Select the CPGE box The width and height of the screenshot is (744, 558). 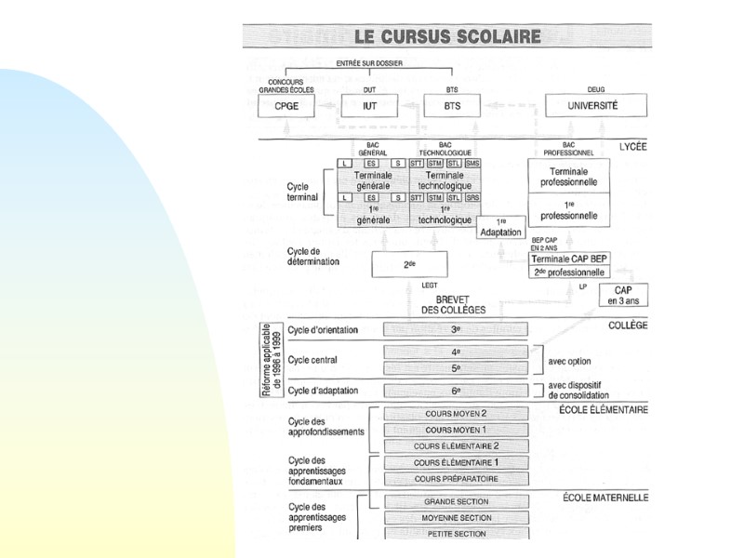click(x=286, y=107)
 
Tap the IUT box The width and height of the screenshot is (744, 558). click(x=370, y=107)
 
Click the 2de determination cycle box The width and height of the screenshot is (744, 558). click(x=409, y=264)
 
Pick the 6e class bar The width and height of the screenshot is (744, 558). click(x=456, y=392)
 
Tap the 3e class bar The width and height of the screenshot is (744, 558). click(x=456, y=328)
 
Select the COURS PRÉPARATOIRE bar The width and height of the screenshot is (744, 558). click(x=456, y=479)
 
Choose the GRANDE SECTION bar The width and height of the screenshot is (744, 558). click(x=456, y=502)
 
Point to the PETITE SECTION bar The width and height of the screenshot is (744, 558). click(x=456, y=534)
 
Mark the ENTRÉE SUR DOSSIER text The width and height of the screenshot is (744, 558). click(x=368, y=62)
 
